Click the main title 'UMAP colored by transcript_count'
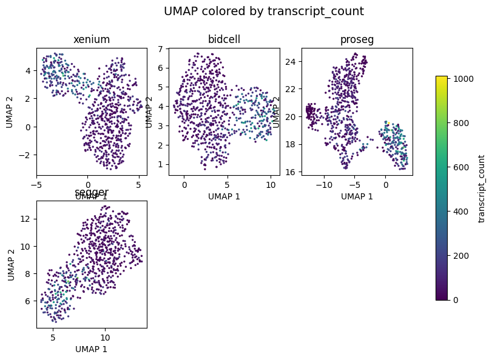pyautogui.click(x=264, y=11)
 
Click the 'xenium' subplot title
pyautogui.click(x=92, y=39)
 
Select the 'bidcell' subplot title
pyautogui.click(x=224, y=39)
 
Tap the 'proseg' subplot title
pyautogui.click(x=357, y=39)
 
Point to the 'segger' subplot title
pyautogui.click(x=92, y=192)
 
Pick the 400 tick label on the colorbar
pyautogui.click(x=459, y=211)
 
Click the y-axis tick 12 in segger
pyautogui.click(x=24, y=218)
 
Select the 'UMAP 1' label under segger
pyautogui.click(x=92, y=349)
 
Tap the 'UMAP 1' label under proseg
pyautogui.click(x=357, y=196)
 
